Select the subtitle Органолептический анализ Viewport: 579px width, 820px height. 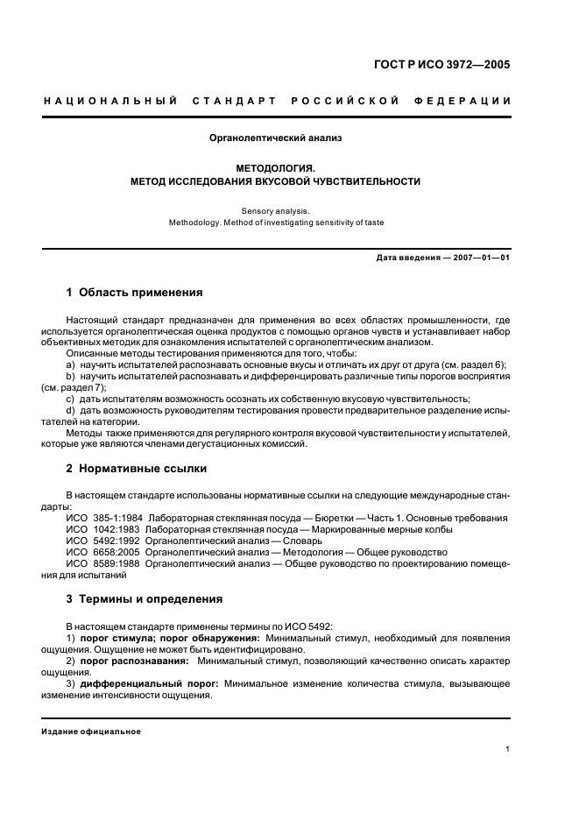[276, 138]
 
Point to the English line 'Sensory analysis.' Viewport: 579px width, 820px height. [276, 209]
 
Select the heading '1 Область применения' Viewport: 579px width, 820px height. [135, 292]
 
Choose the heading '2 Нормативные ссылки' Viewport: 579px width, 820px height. [137, 468]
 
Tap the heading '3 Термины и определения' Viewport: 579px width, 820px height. [145, 599]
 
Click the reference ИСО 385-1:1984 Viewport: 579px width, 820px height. [105, 518]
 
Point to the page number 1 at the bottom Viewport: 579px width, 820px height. [508, 749]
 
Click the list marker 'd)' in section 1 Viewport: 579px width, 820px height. [71, 410]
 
